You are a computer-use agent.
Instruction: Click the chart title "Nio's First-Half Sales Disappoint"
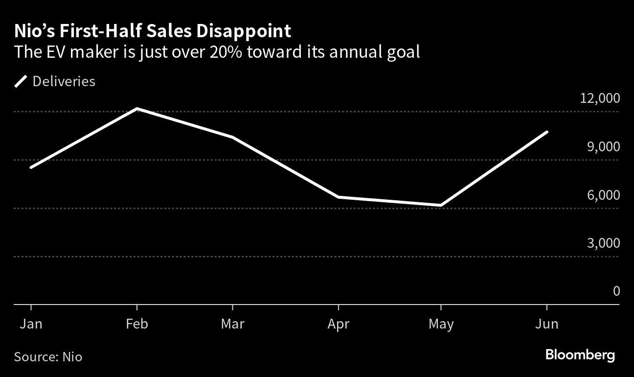point(153,31)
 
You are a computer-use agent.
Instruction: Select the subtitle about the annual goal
point(217,52)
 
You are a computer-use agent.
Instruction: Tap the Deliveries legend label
point(64,81)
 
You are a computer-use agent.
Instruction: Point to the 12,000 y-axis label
point(599,98)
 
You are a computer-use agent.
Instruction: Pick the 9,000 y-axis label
point(603,146)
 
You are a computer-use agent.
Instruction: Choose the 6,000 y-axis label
point(603,195)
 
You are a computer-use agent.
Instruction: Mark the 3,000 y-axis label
point(603,243)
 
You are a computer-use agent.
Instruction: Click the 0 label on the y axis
point(616,291)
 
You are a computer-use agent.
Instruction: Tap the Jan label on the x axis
point(31,324)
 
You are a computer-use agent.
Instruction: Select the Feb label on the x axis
point(137,324)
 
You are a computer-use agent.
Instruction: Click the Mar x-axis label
point(232,324)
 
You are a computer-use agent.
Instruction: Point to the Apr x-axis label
point(339,324)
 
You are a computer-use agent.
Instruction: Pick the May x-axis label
point(441,324)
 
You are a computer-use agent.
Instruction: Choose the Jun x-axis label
point(546,324)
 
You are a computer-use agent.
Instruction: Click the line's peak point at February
point(137,109)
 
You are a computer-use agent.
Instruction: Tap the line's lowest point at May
point(441,205)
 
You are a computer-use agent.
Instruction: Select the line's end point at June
point(546,132)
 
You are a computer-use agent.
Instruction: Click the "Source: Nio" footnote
point(48,356)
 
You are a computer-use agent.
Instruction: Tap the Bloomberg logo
point(580,355)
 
